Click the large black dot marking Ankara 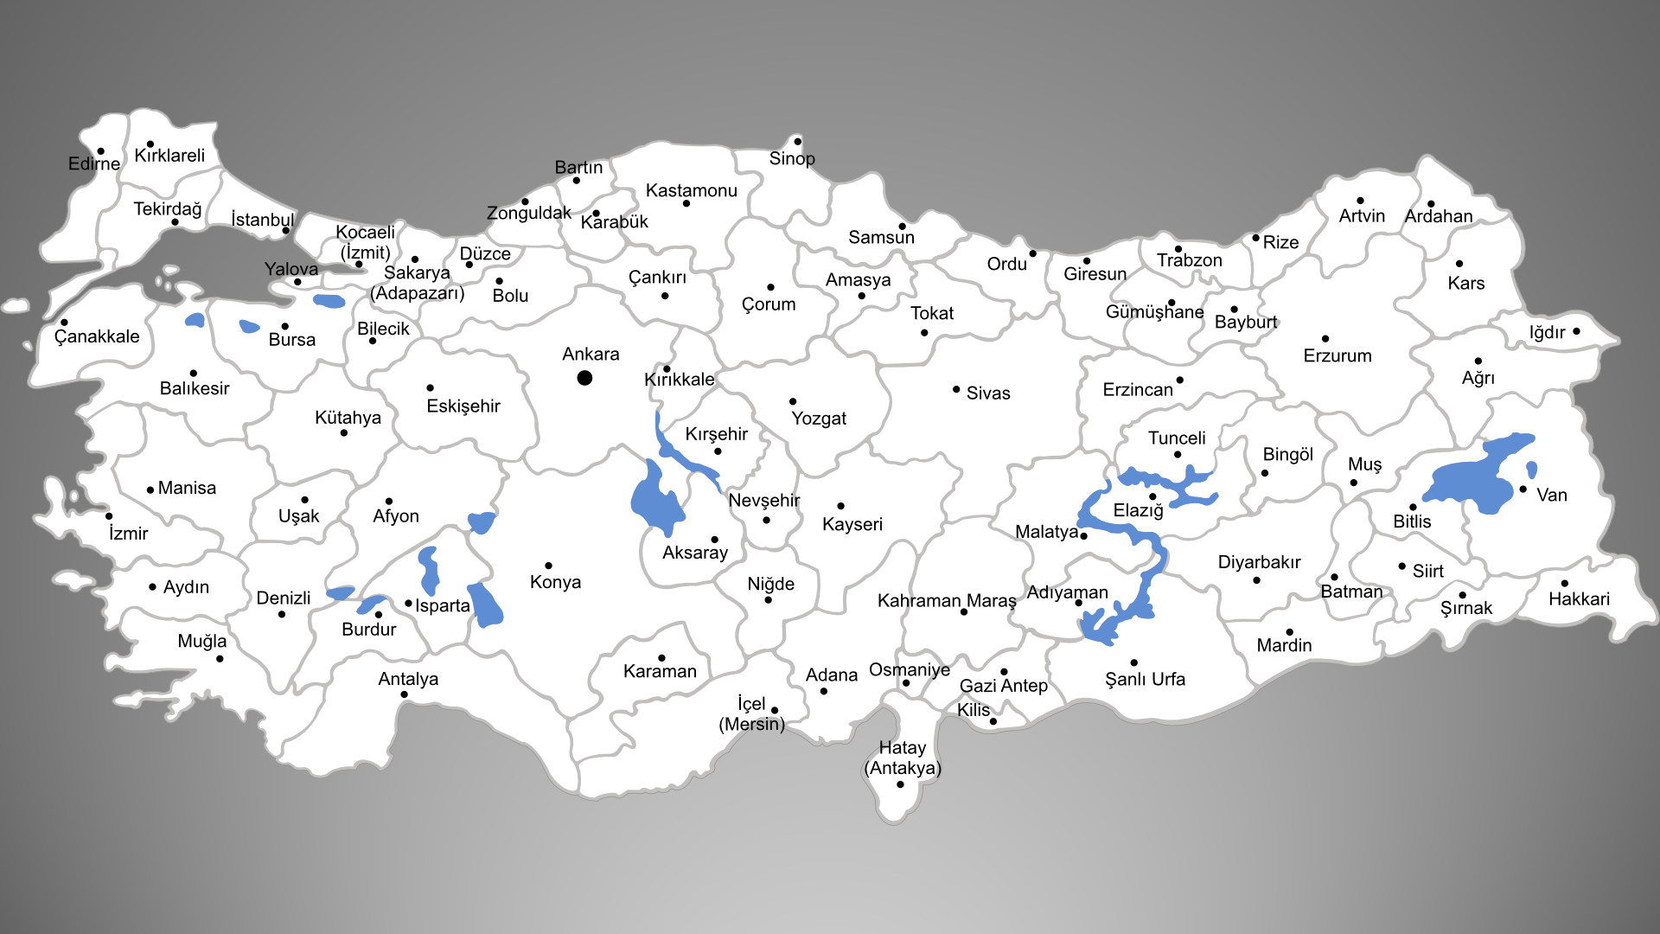584,378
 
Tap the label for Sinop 792,158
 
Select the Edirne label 94,163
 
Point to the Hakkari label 1579,599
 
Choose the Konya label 555,582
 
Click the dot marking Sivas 956,390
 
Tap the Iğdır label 1547,333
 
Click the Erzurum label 1338,355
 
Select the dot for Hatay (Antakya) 900,784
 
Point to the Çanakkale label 97,336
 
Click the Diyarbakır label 1259,562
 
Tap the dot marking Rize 1255,238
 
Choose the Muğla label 202,641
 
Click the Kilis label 974,710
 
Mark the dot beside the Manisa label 150,490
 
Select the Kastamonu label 692,190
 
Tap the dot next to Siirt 1401,566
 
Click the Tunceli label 1177,438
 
